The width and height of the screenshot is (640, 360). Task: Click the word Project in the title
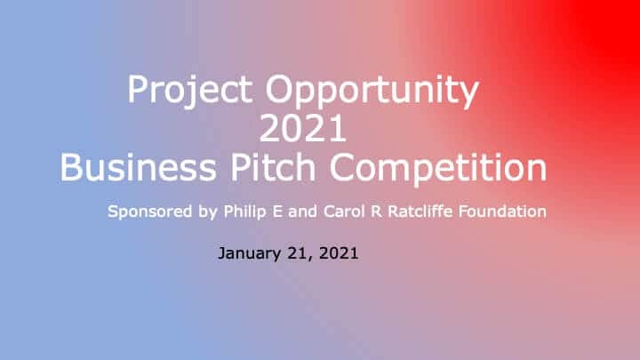point(190,91)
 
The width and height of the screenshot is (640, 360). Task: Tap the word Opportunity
point(372,91)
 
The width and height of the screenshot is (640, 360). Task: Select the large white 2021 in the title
point(302,128)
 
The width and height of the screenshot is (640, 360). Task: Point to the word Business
point(138,167)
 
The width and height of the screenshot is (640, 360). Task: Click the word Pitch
point(273,167)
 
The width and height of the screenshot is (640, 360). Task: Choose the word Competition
point(438,167)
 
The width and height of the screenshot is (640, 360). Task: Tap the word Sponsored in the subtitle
point(150,212)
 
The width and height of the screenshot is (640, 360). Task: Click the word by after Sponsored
point(208,212)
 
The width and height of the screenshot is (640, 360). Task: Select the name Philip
point(245,212)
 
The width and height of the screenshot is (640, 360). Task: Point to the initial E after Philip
point(277,212)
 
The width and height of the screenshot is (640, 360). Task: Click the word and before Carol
point(302,212)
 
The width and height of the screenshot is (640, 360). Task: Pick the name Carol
point(344,212)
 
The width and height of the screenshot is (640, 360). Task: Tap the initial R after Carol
point(376,212)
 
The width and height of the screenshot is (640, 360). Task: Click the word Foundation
point(502,211)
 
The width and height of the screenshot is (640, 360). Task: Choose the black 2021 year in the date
point(339,253)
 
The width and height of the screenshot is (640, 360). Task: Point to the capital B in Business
point(72,167)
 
